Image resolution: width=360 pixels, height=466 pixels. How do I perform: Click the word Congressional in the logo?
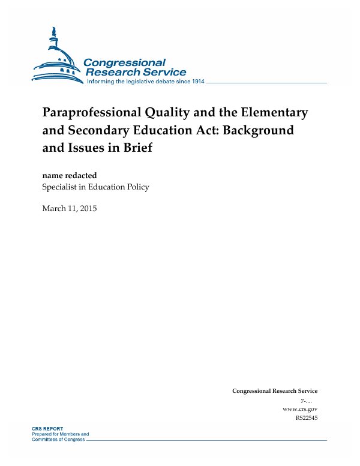point(124,63)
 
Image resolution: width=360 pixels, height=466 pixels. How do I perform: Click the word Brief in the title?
point(136,147)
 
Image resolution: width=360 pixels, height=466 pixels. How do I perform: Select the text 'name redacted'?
point(70,175)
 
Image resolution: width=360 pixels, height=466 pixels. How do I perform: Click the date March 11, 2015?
point(70,209)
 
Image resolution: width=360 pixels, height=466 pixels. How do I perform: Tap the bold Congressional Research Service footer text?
point(275,391)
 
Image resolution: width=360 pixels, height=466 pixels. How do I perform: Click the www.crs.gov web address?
point(299,408)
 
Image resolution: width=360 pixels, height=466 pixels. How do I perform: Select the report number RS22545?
point(307,417)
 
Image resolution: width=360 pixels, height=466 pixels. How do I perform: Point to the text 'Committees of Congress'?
point(58,440)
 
